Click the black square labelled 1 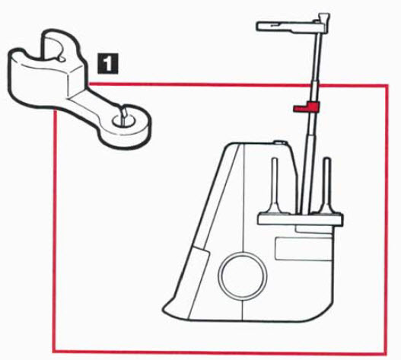pyautogui.click(x=107, y=64)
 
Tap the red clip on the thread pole pyautogui.click(x=307, y=107)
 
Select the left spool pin pyautogui.click(x=275, y=186)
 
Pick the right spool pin pyautogui.click(x=327, y=186)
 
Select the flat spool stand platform pyautogui.click(x=301, y=218)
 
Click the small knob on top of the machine pyautogui.click(x=278, y=142)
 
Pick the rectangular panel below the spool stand pyautogui.click(x=303, y=249)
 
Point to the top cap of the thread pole pyautogui.click(x=323, y=18)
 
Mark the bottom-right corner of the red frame pyautogui.click(x=387, y=353)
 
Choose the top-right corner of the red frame pyautogui.click(x=387, y=86)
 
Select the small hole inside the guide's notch pyautogui.click(x=62, y=59)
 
